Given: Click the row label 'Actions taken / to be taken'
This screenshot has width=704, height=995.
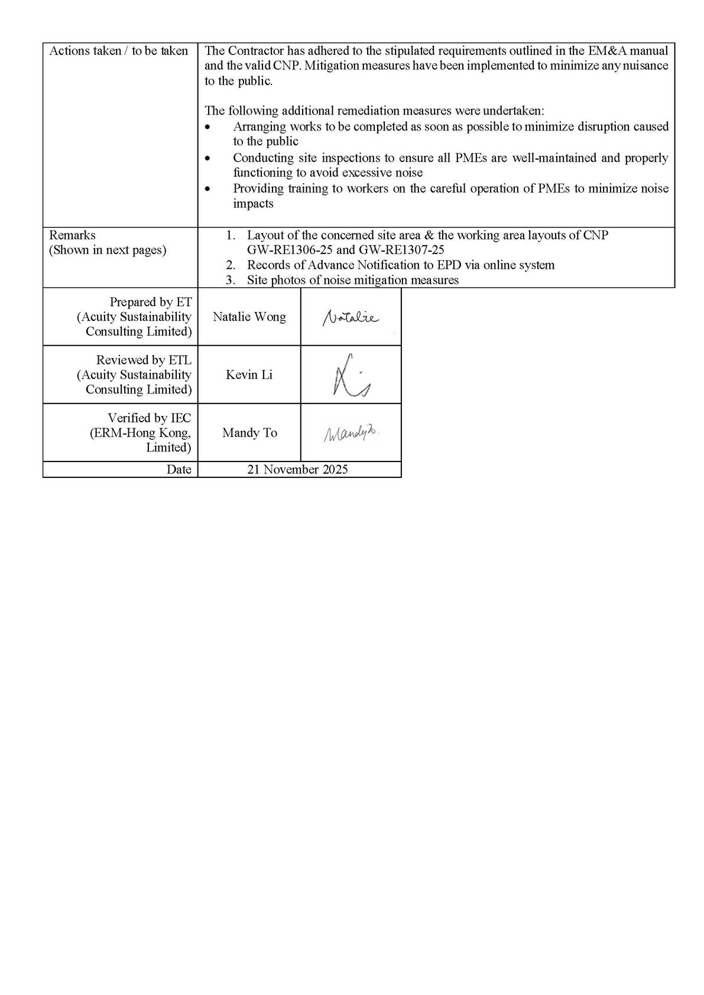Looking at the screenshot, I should pyautogui.click(x=118, y=51).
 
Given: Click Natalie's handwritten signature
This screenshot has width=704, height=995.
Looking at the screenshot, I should pyautogui.click(x=351, y=318).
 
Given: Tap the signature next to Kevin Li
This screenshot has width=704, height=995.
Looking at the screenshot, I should pyautogui.click(x=351, y=376).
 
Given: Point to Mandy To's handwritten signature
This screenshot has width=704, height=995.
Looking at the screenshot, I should pyautogui.click(x=351, y=434).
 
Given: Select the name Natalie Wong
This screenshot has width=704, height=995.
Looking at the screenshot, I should pyautogui.click(x=249, y=317).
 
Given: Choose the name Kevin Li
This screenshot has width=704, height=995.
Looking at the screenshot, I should pyautogui.click(x=249, y=375).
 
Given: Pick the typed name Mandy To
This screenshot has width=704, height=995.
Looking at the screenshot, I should pyautogui.click(x=249, y=433).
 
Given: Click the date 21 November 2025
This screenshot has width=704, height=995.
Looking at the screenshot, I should pyautogui.click(x=297, y=469).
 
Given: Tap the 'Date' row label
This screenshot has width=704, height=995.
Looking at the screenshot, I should pyautogui.click(x=179, y=469).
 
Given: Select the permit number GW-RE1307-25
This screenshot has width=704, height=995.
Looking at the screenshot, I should pyautogui.click(x=401, y=250).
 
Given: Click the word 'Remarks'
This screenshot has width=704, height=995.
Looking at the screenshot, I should pyautogui.click(x=72, y=235).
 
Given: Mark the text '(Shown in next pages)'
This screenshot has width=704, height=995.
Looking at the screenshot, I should pyautogui.click(x=108, y=250).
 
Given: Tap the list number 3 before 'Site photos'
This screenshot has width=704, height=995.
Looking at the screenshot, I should pyautogui.click(x=230, y=280).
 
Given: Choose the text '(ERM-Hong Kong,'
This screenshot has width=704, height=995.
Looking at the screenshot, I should pyautogui.click(x=140, y=433).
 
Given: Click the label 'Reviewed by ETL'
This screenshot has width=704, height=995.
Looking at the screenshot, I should pyautogui.click(x=144, y=360).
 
